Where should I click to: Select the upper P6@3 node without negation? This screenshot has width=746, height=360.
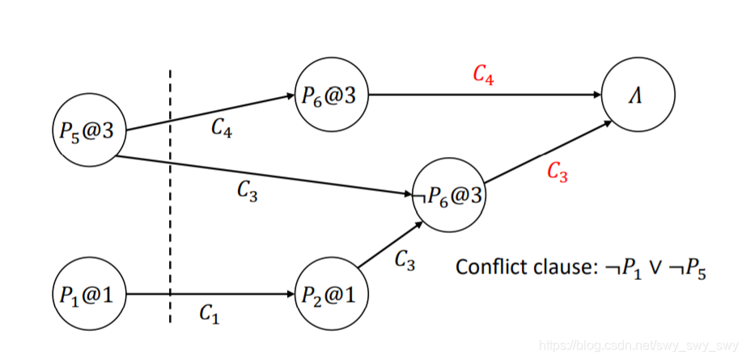coord(330,95)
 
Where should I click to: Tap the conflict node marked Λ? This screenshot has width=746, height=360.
coord(638,95)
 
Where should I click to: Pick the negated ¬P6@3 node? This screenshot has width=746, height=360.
coord(448,196)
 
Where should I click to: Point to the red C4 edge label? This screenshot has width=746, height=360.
coord(484,75)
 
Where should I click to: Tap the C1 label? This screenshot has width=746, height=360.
coord(210,314)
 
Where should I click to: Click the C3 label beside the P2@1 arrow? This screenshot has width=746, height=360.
coord(405,260)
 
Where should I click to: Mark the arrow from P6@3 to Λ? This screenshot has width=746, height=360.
coord(485,95)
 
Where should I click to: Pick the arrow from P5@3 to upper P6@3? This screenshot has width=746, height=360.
coord(210,112)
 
